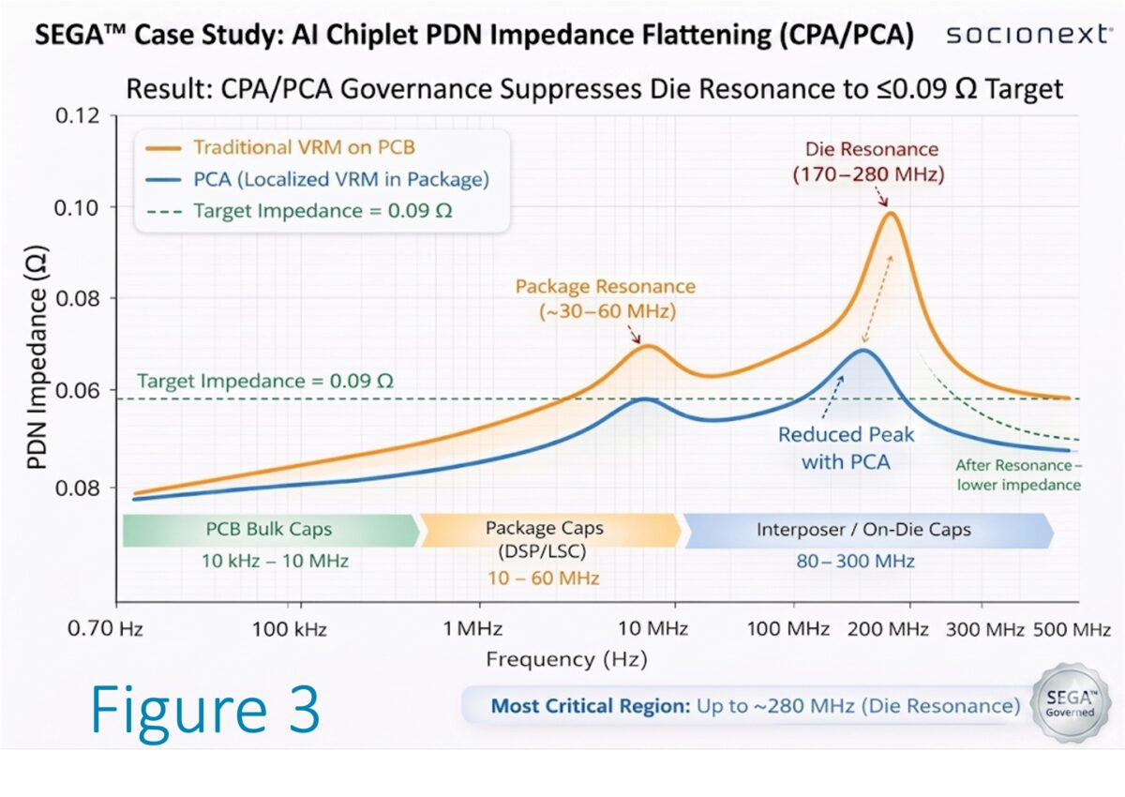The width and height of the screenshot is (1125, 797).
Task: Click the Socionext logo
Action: click(x=1026, y=36)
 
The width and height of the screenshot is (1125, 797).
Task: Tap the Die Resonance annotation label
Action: click(x=872, y=162)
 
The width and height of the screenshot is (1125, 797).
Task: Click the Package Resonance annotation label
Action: click(x=605, y=298)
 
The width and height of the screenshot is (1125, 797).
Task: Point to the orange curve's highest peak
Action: click(x=889, y=213)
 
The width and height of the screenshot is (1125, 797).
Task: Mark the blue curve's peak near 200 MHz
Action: click(x=862, y=351)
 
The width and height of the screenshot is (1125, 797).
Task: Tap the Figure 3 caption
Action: click(x=205, y=710)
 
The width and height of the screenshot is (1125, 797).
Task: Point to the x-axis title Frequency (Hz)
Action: click(x=565, y=659)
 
